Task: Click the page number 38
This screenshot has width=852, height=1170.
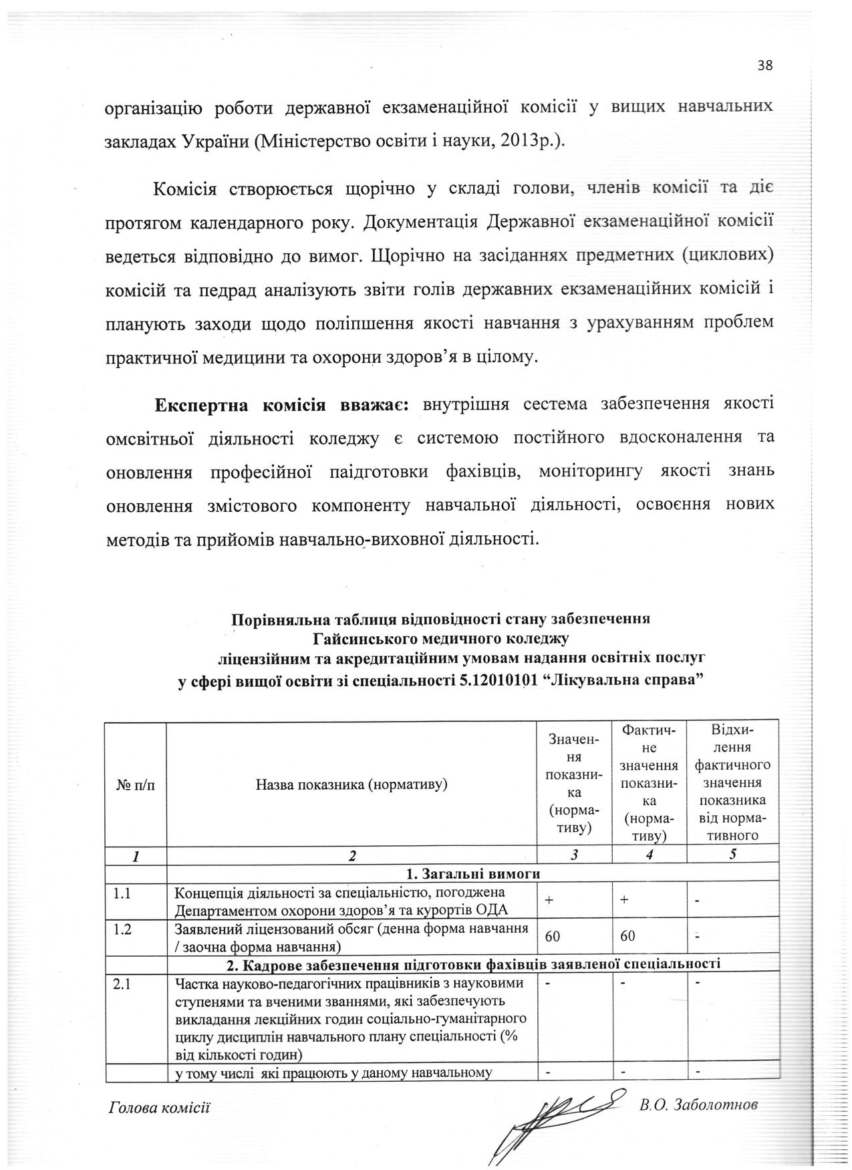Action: (765, 65)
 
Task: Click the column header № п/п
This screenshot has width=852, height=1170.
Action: (135, 784)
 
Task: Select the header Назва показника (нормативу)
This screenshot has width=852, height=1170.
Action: (351, 784)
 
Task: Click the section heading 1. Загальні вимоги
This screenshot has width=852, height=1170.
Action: (472, 873)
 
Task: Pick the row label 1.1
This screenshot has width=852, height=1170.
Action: (122, 893)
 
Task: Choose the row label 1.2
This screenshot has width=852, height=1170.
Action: (123, 929)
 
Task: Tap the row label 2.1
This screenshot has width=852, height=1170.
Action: (123, 984)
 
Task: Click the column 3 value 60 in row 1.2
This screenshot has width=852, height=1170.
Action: (553, 936)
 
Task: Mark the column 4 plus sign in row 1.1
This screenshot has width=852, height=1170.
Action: (623, 900)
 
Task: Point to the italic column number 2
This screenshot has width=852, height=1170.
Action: (351, 855)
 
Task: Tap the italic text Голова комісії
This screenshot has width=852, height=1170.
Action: (159, 1108)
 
